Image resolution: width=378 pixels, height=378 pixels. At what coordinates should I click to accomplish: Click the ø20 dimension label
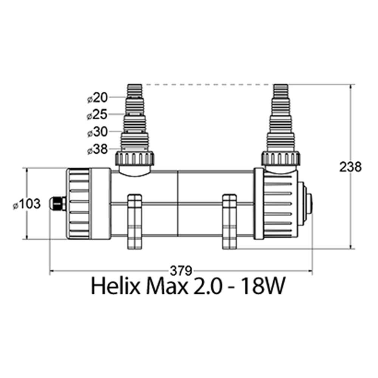coord(98,98)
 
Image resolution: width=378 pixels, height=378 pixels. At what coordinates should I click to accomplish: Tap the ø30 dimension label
coord(98,132)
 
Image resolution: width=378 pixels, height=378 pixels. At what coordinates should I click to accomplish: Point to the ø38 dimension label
coord(98,150)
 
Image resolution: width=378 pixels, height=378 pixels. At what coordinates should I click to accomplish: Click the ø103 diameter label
coord(26,204)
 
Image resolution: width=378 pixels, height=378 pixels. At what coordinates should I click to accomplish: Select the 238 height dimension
coord(350,167)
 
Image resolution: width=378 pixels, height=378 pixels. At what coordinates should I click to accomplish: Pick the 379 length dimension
coord(181,270)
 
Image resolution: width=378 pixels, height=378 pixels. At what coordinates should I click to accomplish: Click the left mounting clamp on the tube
coord(135,222)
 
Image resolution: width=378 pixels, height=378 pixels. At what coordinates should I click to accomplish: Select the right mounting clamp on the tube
coord(229,222)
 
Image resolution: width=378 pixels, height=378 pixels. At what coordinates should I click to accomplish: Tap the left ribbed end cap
coord(79,204)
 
